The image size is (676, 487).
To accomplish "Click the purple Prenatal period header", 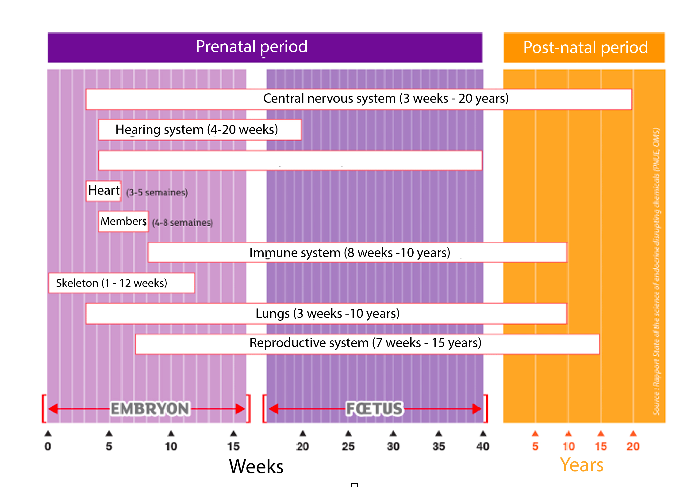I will (265, 47).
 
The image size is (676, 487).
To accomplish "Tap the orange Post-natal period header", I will (584, 48).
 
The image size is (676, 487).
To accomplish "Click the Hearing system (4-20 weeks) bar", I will (200, 130).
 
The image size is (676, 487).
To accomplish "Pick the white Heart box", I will (104, 191).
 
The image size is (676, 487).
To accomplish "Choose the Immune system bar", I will (357, 253).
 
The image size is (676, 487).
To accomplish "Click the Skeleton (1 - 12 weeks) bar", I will (121, 283).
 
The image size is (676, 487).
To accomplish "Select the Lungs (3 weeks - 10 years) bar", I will (326, 314).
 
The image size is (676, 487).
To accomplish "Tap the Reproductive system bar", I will (367, 343).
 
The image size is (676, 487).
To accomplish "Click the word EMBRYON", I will (150, 408).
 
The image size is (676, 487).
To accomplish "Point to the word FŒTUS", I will (374, 408).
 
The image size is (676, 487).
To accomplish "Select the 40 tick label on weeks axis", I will (483, 446).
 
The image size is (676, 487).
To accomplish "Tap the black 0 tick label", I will (48, 446).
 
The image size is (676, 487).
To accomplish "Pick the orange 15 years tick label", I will (600, 446).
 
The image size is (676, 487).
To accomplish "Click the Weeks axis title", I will (256, 466).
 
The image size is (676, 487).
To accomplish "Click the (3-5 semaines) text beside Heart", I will (157, 192).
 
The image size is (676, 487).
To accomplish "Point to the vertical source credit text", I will (656, 271).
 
